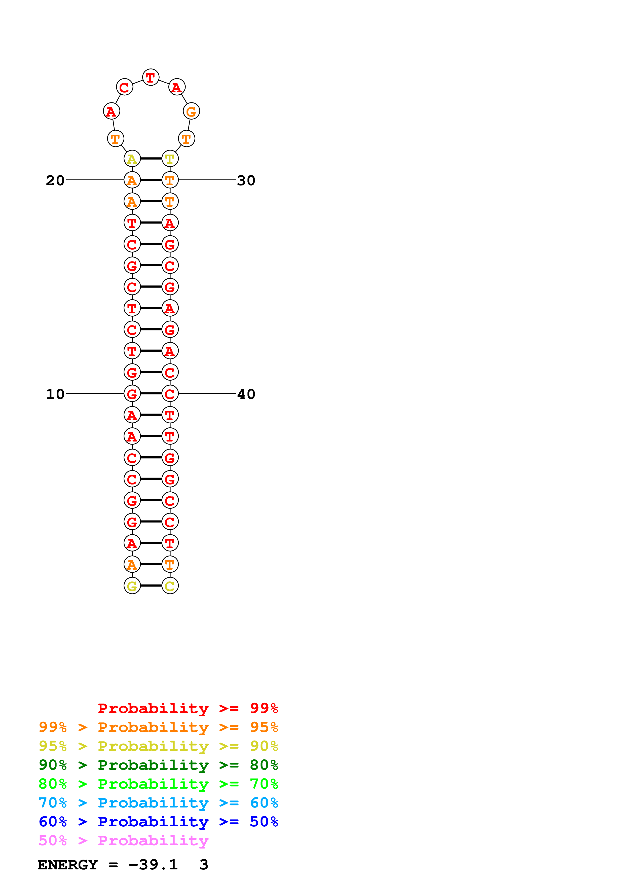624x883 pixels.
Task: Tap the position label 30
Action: click(246, 180)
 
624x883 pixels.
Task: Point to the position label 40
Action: click(246, 394)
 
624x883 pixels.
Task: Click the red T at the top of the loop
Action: click(151, 77)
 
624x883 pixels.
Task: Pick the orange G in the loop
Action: click(191, 112)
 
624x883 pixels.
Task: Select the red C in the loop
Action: click(124, 87)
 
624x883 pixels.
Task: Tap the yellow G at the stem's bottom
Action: click(132, 586)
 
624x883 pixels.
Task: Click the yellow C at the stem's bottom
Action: click(170, 586)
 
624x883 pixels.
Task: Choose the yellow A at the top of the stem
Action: click(132, 159)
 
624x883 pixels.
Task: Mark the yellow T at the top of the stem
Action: click(170, 159)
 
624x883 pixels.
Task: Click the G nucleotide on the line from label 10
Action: click(132, 394)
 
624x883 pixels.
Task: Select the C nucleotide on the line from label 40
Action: click(170, 394)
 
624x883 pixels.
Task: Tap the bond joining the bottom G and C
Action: click(151, 586)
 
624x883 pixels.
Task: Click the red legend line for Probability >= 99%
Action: click(188, 708)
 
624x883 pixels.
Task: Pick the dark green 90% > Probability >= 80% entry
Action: click(158, 765)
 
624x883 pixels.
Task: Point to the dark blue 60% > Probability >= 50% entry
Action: click(158, 822)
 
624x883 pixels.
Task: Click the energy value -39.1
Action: click(153, 865)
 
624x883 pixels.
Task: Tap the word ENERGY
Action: click(68, 865)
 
